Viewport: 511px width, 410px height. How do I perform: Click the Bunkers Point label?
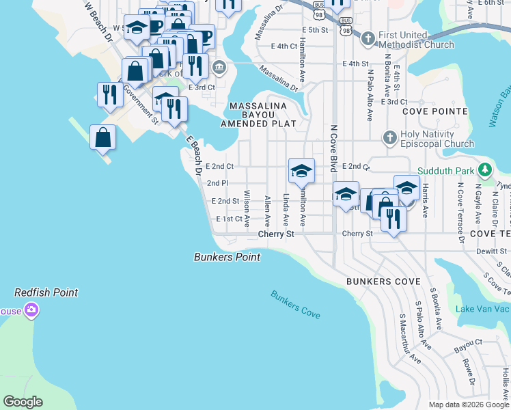227,258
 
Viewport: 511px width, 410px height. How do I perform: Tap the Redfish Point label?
46,292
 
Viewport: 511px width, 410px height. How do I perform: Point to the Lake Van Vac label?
482,309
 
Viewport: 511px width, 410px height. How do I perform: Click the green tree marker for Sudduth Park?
484,169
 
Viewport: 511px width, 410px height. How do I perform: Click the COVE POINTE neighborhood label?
434,111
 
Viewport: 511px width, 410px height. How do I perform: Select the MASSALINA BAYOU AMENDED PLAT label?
258,115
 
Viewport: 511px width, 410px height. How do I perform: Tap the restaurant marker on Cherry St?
393,219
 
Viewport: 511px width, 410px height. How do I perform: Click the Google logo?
23,402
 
